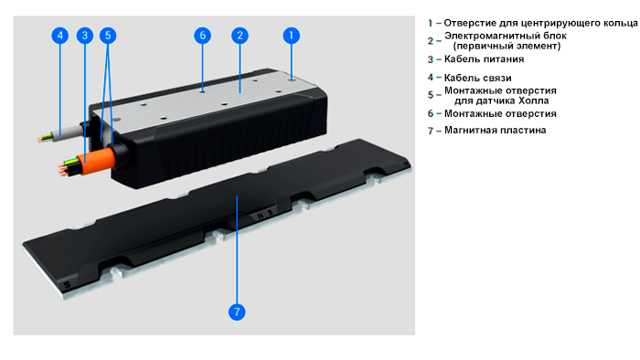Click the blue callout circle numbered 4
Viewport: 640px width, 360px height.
coord(60,36)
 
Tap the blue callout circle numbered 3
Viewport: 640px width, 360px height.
coord(85,36)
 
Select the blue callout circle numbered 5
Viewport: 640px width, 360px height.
coord(108,36)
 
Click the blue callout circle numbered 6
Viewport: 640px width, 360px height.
coord(202,36)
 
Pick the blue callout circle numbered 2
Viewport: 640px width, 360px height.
coord(240,36)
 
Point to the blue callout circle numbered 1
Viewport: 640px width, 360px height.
coord(291,36)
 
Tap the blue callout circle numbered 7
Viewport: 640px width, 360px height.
coord(237,312)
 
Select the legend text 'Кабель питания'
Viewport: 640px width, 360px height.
coord(484,59)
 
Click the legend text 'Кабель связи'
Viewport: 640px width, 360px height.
coord(477,78)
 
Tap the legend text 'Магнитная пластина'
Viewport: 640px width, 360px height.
coord(496,130)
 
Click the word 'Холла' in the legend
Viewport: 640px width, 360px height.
coord(533,101)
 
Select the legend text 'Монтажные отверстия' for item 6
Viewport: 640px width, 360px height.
coord(500,113)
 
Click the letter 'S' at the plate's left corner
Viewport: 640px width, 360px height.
coord(68,284)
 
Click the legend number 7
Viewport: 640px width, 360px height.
coord(431,131)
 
